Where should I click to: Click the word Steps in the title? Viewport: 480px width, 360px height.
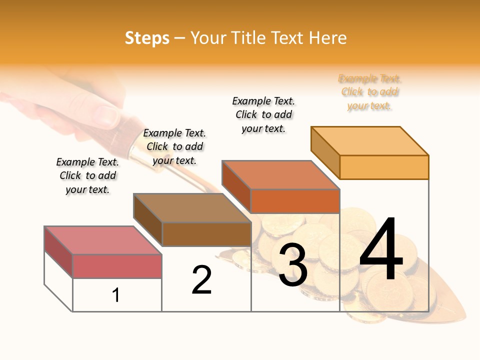point(147,38)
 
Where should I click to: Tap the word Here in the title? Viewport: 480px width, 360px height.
point(327,38)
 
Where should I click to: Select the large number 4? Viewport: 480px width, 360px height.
point(381,250)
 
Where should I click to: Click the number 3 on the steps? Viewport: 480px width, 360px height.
point(292,265)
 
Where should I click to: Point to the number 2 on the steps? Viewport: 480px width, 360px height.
point(201,280)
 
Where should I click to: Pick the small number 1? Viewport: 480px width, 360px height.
point(116,295)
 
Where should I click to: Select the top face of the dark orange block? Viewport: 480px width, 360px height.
point(280,175)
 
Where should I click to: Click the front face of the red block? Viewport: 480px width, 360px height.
point(117,266)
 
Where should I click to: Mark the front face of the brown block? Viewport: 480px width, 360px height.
point(206,234)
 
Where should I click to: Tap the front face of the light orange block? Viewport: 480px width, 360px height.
point(384,167)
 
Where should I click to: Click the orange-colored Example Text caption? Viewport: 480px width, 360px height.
point(369,92)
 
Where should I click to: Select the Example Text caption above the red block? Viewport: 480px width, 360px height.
point(87,175)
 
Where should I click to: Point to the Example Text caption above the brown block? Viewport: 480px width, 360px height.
point(174,146)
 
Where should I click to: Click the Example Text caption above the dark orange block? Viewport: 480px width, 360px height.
point(263,114)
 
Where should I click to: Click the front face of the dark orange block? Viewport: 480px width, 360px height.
point(295,201)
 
